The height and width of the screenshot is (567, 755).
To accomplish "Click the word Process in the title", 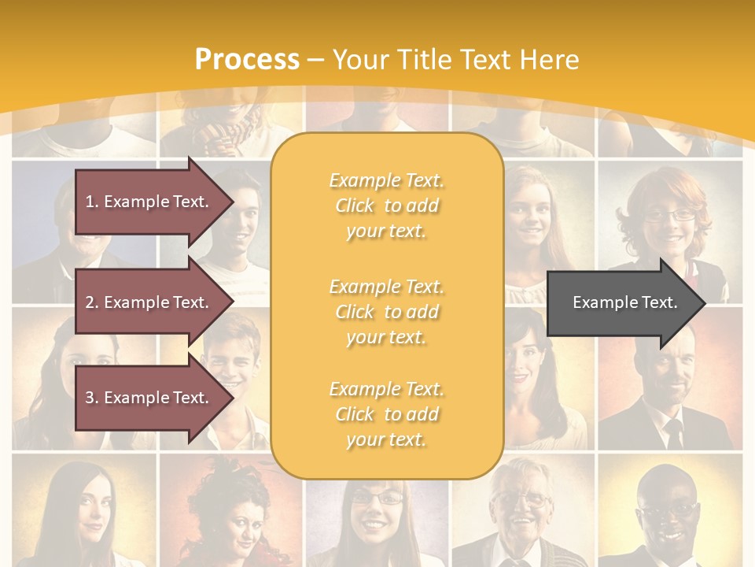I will [x=247, y=60].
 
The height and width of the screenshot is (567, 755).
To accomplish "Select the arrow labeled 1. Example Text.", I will [x=149, y=202].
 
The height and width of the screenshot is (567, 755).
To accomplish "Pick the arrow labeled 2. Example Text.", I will [x=149, y=302].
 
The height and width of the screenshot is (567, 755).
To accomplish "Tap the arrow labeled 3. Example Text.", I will [x=149, y=398].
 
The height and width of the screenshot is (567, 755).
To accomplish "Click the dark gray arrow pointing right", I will [x=621, y=302].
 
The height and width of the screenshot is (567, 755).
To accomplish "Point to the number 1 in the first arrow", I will [x=90, y=202].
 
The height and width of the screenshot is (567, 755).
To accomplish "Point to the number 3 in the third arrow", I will [x=90, y=398].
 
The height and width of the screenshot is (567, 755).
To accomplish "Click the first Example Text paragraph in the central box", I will [x=386, y=206].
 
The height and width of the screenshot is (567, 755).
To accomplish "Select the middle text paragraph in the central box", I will [x=386, y=312].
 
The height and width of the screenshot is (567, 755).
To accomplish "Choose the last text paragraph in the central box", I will [x=386, y=414].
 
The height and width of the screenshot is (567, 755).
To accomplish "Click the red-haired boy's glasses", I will [x=669, y=213].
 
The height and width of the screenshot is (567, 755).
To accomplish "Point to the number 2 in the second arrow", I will [x=90, y=302].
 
